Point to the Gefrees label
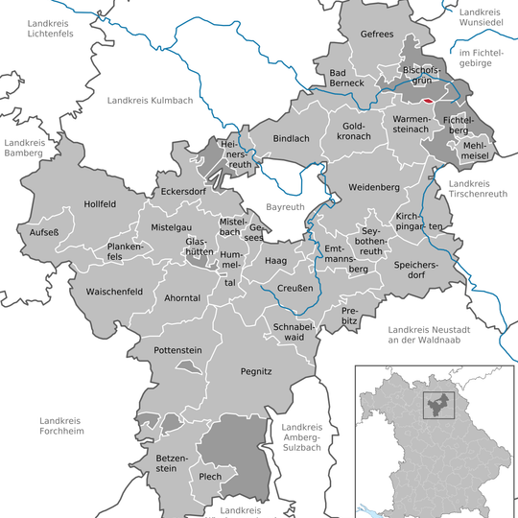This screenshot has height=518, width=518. point(377,34)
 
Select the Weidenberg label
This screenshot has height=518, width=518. point(373,186)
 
